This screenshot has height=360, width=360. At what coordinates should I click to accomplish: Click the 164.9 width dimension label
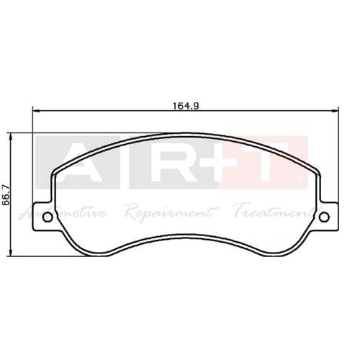[186, 106]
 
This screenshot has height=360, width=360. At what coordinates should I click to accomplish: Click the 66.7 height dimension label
[5, 194]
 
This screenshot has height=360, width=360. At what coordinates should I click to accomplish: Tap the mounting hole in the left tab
[48, 217]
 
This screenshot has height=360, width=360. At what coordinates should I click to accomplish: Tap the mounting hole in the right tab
[324, 217]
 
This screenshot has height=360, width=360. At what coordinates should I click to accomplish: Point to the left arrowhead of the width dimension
[35, 111]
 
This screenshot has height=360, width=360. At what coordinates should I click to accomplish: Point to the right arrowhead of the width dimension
[335, 111]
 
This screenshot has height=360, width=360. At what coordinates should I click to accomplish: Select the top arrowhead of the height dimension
[10, 138]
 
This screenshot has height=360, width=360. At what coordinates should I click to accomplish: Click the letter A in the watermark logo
[77, 162]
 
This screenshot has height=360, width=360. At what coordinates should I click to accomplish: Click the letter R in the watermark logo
[172, 162]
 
